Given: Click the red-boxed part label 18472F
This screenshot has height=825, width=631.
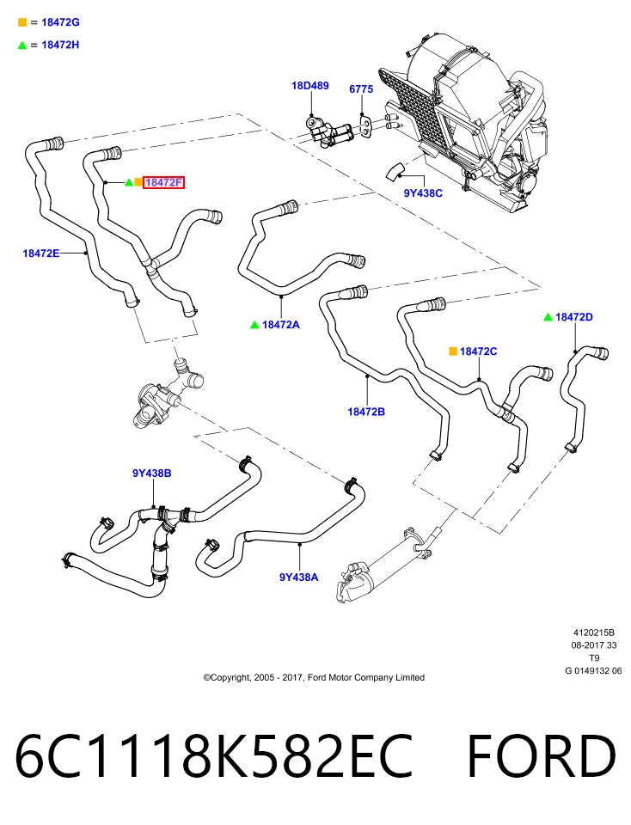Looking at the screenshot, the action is click(x=163, y=182).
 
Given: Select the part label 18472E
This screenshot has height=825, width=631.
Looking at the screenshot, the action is click(x=41, y=253).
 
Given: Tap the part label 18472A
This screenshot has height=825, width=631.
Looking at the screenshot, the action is click(x=281, y=325).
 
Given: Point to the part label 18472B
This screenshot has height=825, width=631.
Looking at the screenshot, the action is click(x=366, y=412).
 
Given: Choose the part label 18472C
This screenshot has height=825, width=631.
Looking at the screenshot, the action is click(x=478, y=351).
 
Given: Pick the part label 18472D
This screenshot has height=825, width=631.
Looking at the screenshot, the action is click(x=574, y=317).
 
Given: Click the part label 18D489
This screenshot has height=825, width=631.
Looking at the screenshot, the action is click(x=310, y=85).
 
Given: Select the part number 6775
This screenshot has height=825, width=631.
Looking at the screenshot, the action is click(x=361, y=89).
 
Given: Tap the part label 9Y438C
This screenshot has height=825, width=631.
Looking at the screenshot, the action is click(x=423, y=193).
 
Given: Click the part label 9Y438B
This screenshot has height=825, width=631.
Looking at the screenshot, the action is click(x=151, y=473).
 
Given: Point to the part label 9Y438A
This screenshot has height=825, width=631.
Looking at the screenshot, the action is click(x=299, y=577).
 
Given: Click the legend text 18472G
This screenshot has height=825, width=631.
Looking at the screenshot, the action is click(x=60, y=22).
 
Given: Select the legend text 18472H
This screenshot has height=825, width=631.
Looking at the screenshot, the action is click(x=60, y=45).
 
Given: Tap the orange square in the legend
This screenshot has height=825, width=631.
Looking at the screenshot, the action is click(x=22, y=22).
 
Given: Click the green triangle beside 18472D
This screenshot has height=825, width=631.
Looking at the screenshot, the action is click(x=548, y=317).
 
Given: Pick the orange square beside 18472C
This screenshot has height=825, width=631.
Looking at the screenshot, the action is click(x=452, y=351).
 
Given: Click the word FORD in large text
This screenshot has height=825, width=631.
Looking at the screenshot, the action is click(x=542, y=756).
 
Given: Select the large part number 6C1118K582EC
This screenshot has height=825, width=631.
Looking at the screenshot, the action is click(x=214, y=756).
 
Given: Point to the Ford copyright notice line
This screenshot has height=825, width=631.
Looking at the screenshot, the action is click(x=314, y=678).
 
